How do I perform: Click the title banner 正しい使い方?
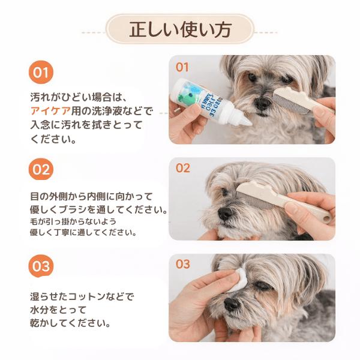pos(180,29)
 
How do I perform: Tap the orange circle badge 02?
pos(40,169)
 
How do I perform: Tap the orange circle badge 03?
pos(40,265)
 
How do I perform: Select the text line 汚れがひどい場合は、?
pos(79,96)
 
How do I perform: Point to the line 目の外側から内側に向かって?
pos(91,196)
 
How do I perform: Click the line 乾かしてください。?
pos(71,324)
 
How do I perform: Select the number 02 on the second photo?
pos(182,168)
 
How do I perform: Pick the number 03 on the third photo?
pos(182,264)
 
